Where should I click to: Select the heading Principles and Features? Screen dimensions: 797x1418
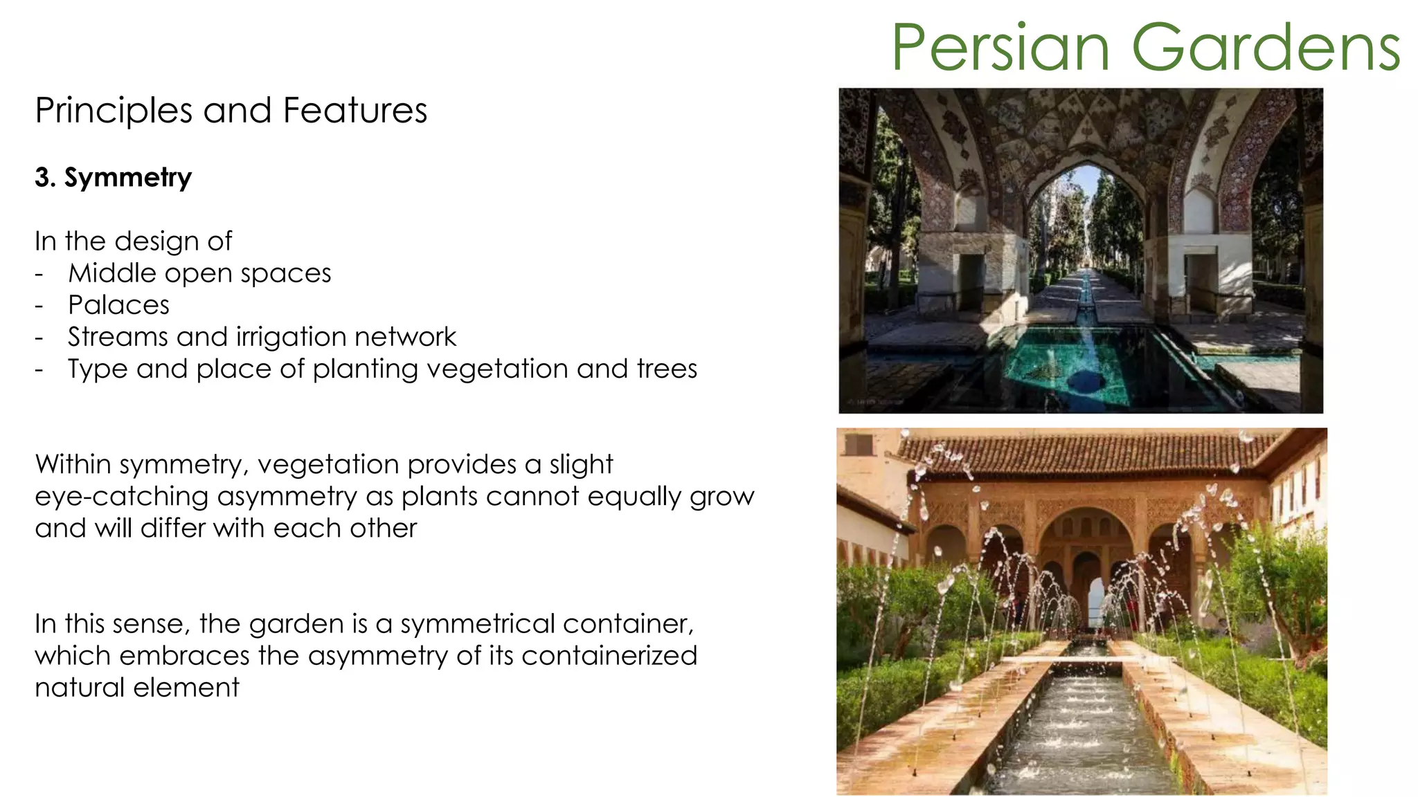point(231,111)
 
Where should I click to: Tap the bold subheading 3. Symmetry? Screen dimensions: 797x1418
point(113,178)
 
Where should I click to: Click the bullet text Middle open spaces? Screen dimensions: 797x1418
point(199,273)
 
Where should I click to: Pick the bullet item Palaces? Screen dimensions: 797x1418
point(118,305)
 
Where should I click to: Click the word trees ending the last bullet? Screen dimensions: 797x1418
point(667,369)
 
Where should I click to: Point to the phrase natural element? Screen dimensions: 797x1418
point(136,688)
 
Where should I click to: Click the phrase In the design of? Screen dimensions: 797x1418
point(133,241)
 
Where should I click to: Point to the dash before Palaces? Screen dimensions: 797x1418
point(39,306)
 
